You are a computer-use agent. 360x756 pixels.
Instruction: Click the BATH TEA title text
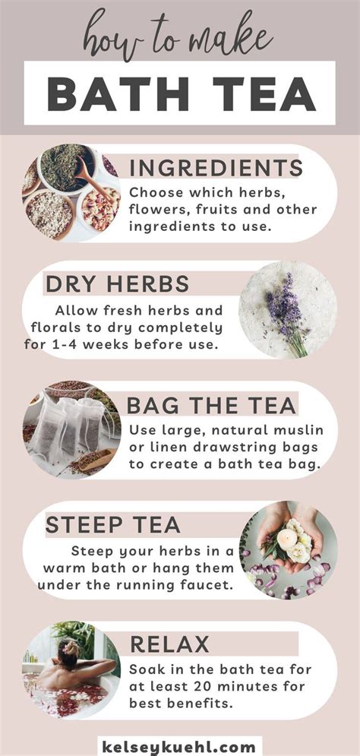coord(180,93)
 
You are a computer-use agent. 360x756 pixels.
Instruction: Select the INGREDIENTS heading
coord(216,168)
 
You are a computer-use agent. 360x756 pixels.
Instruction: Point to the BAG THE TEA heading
coord(211,404)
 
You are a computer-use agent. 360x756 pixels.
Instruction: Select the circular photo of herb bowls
coord(71,193)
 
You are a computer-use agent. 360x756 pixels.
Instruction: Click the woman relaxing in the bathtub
coord(71,669)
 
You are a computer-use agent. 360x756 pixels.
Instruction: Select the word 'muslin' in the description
coord(286,429)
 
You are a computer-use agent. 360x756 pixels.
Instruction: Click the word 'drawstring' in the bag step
coord(235,447)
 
